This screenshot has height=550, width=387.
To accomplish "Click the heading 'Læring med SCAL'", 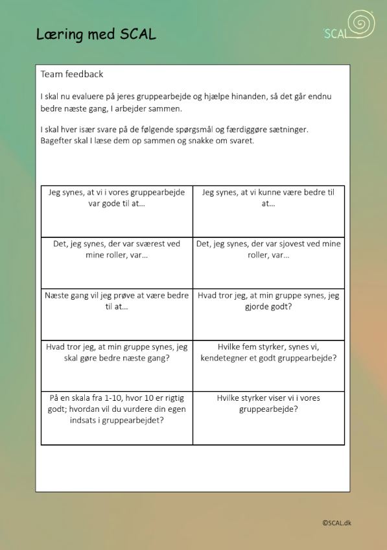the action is coord(96,34).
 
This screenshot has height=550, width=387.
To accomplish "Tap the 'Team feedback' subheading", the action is coord(71,75).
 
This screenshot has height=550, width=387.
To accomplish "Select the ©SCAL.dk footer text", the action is coord(336,523).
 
